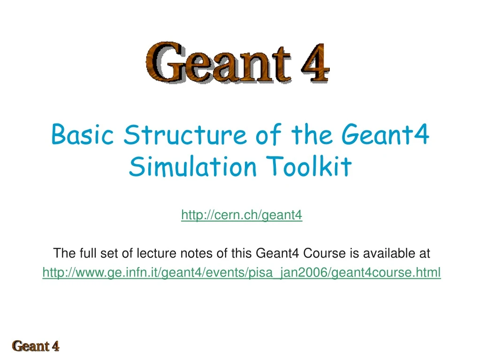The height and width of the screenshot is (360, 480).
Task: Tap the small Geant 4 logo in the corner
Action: pyautogui.click(x=36, y=347)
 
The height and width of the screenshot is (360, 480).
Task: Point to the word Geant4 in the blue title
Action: pyautogui.click(x=386, y=135)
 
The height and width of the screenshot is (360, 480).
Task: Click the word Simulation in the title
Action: pyautogui.click(x=193, y=167)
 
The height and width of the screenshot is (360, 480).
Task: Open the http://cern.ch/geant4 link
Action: pyautogui.click(x=242, y=215)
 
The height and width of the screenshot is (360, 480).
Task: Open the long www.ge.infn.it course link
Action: pyautogui.click(x=242, y=273)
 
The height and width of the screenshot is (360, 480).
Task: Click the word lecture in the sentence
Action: pyautogui.click(x=156, y=254)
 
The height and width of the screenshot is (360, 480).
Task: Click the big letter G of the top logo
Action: pyautogui.click(x=164, y=61)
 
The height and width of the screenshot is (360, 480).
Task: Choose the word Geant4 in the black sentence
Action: pyautogui.click(x=278, y=254)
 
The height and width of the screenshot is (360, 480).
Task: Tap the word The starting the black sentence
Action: pyautogui.click(x=61, y=254)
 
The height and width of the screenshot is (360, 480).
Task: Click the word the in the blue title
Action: pyautogui.click(x=312, y=135)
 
